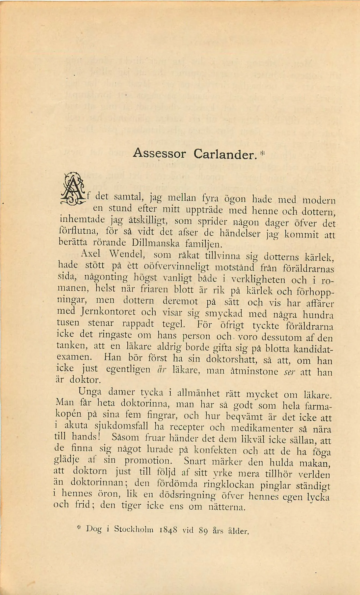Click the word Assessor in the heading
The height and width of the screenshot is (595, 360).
[159, 154]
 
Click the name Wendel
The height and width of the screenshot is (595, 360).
[127, 254]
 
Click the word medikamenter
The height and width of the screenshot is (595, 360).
[262, 428]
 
